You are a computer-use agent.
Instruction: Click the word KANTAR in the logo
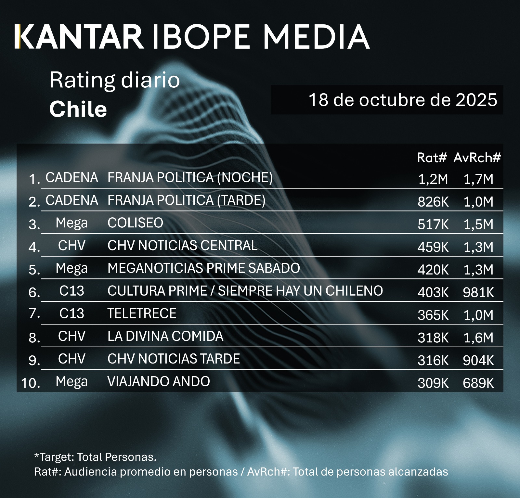(79, 36)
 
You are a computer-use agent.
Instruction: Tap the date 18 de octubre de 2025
(403, 100)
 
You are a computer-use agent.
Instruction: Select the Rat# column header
(432, 158)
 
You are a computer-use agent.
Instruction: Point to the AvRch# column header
(477, 158)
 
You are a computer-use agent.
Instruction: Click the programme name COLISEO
(135, 223)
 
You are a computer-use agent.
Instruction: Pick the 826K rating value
(433, 202)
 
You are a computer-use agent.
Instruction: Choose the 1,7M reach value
(478, 179)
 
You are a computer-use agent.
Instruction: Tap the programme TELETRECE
(142, 313)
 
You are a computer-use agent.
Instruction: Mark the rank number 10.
(31, 383)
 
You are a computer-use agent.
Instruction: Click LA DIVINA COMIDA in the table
(165, 336)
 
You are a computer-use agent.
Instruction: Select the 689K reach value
(478, 383)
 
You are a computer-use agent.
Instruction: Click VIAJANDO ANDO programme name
(159, 381)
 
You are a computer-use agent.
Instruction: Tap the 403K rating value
(433, 292)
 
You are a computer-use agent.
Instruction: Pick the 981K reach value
(478, 292)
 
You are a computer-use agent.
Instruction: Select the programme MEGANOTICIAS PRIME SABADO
(203, 268)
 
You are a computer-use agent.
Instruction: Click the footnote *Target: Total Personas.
(95, 457)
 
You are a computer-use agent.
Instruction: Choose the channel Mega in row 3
(71, 223)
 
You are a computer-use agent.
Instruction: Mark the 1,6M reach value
(478, 338)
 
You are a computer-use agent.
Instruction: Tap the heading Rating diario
(114, 80)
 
